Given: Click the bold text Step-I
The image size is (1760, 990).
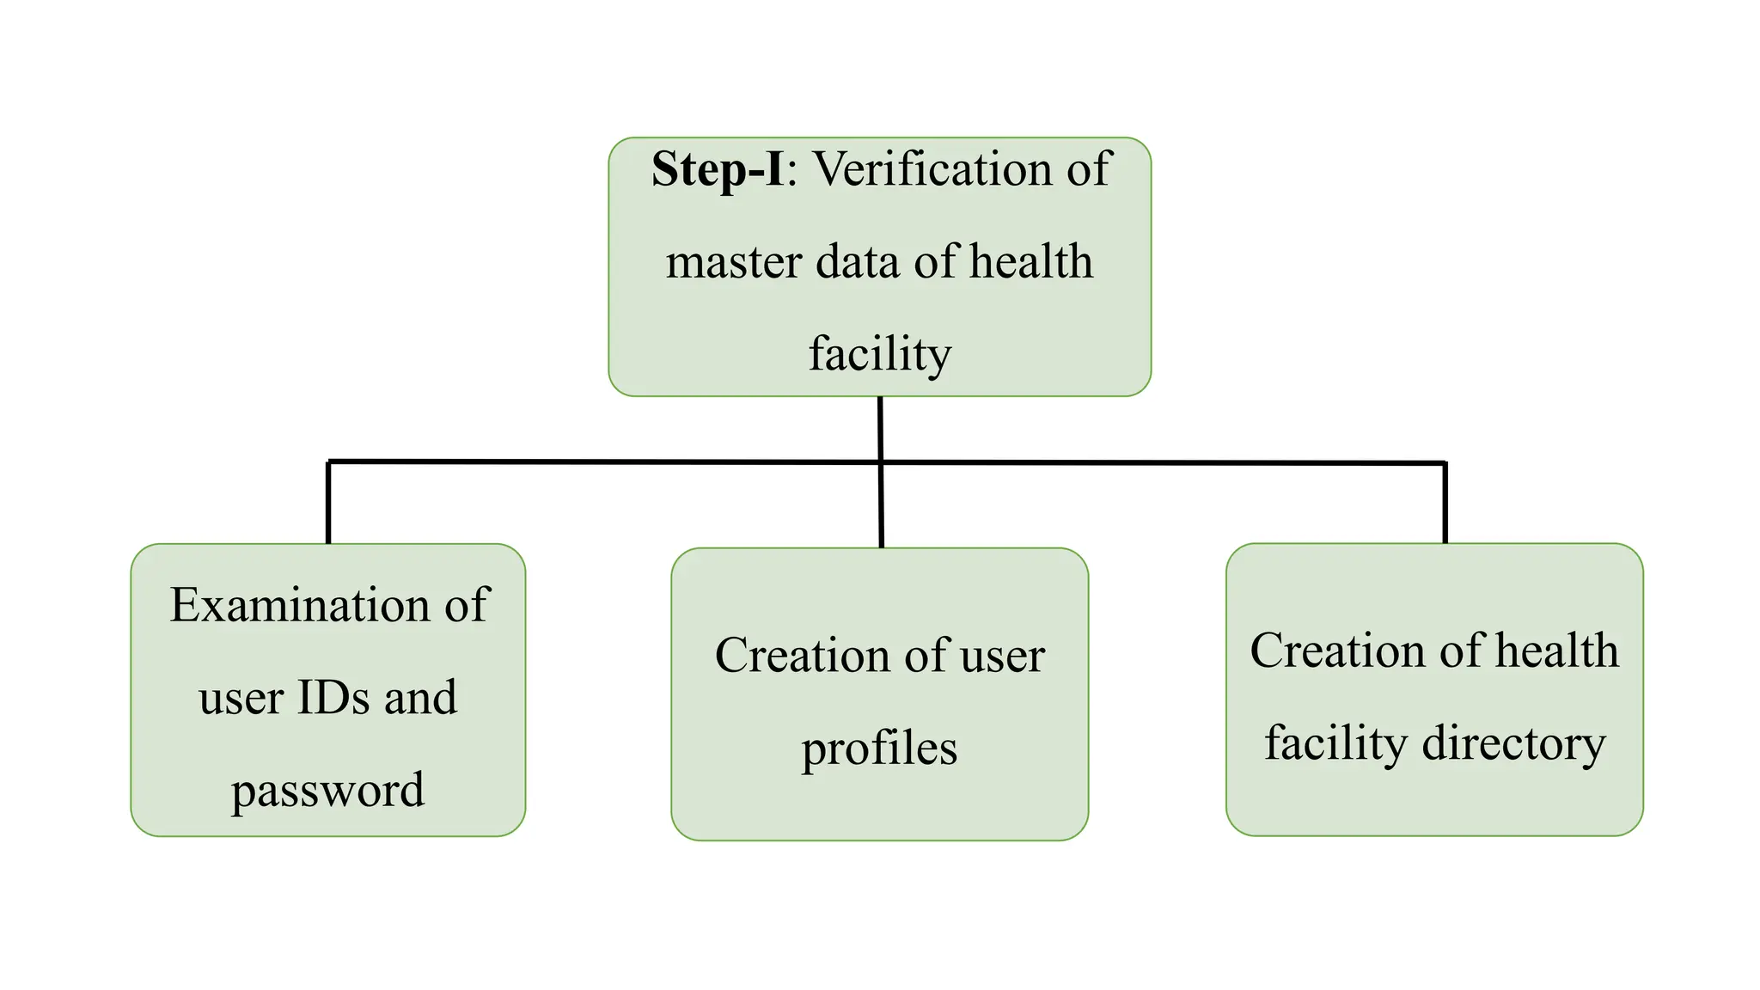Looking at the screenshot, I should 717,169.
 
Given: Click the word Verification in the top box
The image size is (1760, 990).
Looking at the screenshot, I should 932,169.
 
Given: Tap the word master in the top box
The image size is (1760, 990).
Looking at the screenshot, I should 734,262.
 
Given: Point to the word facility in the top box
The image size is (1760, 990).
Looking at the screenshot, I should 880,354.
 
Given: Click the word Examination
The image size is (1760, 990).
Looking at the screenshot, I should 299,605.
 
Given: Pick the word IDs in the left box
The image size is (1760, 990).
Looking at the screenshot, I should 333,697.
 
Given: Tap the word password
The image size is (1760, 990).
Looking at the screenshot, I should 327,790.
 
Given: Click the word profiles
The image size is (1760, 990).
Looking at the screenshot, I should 879,749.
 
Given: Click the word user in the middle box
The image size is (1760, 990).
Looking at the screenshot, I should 1002,656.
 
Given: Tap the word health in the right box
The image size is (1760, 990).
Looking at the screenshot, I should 1556,651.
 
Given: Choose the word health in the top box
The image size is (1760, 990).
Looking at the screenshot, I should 1030,262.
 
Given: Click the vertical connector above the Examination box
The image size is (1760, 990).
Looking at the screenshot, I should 328,504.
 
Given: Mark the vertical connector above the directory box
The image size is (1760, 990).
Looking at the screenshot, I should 1445,504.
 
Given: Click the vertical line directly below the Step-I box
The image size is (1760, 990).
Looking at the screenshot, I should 880,428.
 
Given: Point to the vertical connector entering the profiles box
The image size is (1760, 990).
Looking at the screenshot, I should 881,507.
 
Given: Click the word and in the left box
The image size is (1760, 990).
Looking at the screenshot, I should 420,697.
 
